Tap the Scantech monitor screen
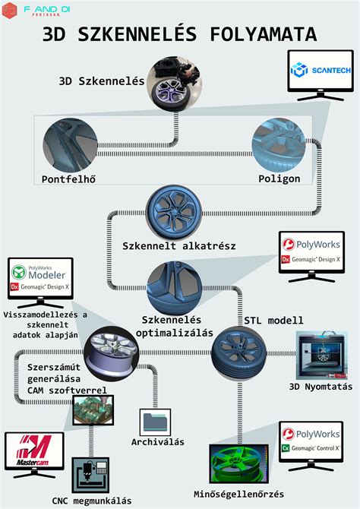point(321,72)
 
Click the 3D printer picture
point(321,357)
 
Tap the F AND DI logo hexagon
point(10,10)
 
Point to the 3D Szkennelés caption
point(102,81)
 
